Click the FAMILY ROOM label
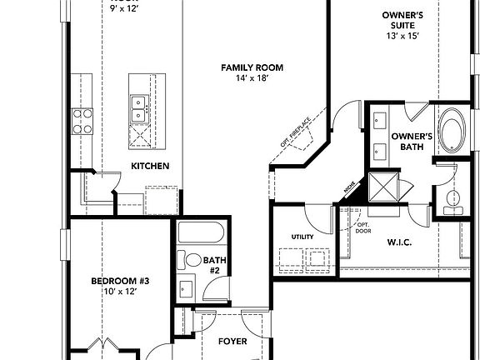252,67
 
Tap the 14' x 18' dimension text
252,77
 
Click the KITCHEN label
150,166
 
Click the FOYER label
232,342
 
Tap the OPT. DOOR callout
363,228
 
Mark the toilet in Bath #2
190,260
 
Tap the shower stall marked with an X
385,184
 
